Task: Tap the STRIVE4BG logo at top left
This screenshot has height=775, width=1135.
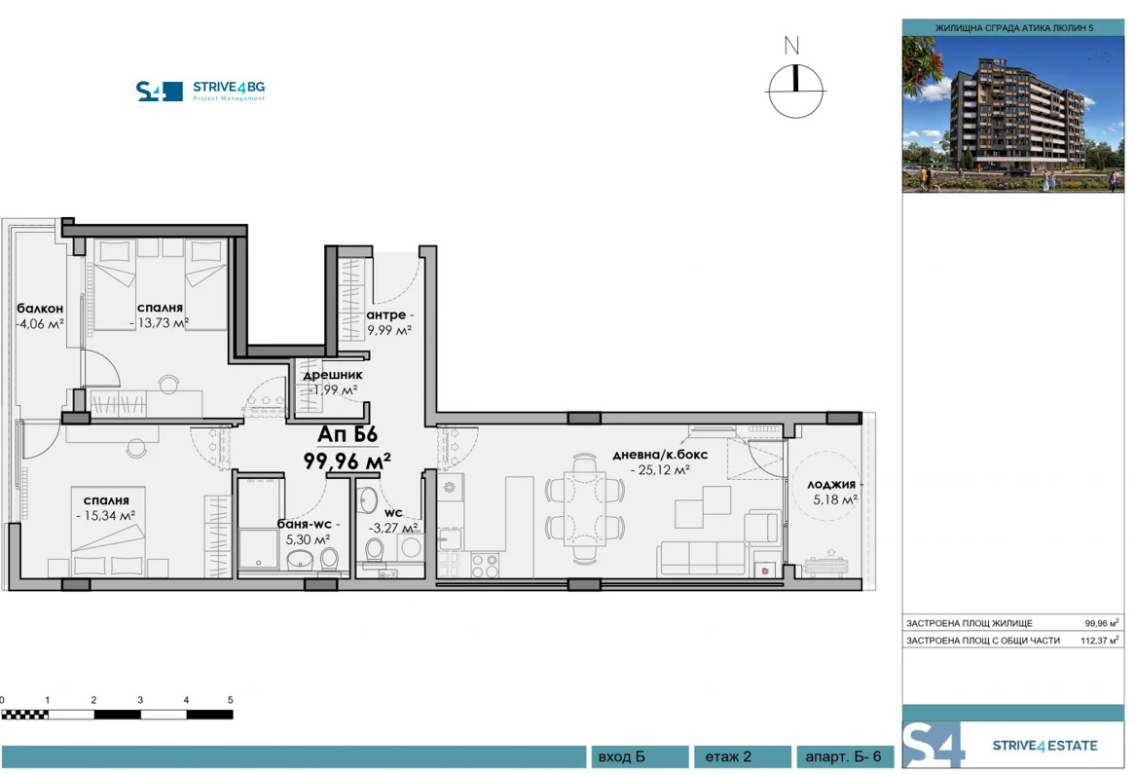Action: (x=201, y=91)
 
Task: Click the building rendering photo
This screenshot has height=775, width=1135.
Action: (x=1012, y=114)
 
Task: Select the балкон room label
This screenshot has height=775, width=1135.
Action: (x=39, y=310)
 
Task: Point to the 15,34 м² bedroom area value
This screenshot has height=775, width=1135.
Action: (x=105, y=516)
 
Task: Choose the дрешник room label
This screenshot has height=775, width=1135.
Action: (x=333, y=374)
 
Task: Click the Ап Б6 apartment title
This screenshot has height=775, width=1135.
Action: (x=348, y=435)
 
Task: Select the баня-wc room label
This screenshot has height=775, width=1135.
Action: (x=308, y=524)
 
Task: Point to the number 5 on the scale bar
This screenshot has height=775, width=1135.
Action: (x=231, y=700)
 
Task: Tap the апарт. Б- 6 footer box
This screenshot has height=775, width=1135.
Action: (x=844, y=757)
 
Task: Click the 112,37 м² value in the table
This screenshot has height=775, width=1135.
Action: (x=1101, y=641)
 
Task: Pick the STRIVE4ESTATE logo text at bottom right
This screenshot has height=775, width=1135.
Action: (x=1043, y=746)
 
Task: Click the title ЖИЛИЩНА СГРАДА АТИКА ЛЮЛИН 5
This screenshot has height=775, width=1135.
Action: (x=1013, y=28)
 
